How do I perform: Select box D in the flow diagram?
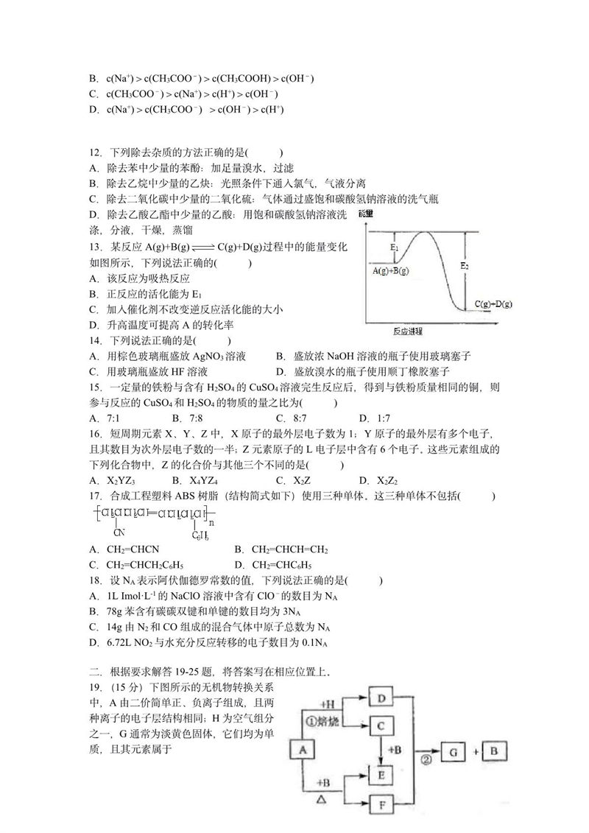point(381,698)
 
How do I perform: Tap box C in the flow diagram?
point(381,726)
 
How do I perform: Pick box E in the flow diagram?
point(381,774)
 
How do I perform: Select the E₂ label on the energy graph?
point(464,266)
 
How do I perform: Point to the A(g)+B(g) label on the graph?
point(391,271)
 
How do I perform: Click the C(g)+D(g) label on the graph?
point(493,303)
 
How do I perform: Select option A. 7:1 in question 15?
point(99,418)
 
